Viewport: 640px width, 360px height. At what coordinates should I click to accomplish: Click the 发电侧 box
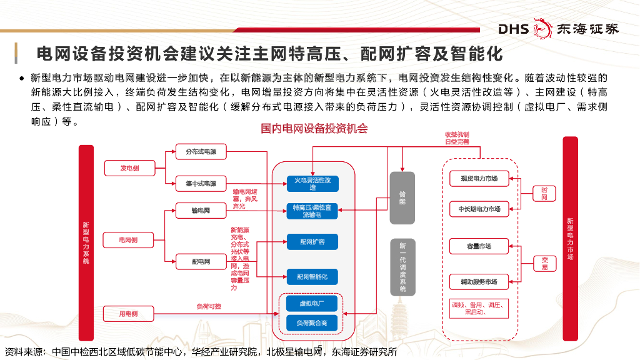click(129, 168)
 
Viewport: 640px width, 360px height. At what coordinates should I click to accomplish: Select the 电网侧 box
click(129, 240)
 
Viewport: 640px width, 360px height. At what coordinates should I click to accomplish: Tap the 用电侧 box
click(129, 314)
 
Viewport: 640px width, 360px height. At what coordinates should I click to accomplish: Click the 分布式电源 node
click(201, 152)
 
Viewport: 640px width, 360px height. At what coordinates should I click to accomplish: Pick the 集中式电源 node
click(201, 184)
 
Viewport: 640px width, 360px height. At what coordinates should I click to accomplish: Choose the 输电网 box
click(201, 211)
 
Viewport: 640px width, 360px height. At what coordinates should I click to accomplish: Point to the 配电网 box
click(201, 262)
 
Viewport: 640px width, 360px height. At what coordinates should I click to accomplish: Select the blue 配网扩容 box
click(312, 242)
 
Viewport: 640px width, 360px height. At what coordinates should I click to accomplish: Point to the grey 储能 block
click(402, 197)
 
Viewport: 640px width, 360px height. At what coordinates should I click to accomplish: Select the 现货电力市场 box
click(479, 179)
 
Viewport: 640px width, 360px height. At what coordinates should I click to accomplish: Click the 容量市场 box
click(479, 246)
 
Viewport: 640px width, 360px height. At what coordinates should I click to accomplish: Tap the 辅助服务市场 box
click(479, 282)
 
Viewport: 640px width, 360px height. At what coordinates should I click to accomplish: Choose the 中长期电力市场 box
click(479, 209)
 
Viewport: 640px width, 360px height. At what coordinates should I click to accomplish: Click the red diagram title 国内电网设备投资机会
click(314, 129)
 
